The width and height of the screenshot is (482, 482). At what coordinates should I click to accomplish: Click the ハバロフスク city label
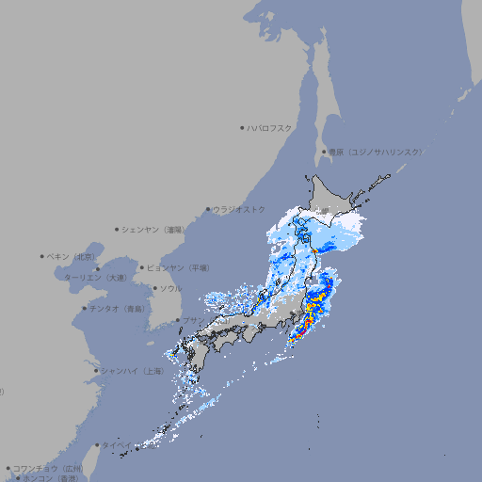pos(270,127)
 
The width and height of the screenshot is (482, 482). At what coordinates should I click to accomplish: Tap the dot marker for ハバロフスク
pos(242,127)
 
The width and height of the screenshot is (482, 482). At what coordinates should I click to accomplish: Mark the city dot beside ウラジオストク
pos(209,209)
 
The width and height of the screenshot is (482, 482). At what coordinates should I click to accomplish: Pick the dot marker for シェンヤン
pos(117,229)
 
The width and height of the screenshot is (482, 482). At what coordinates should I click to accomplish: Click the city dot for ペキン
pos(42,256)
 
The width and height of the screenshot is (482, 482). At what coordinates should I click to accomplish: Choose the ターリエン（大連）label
pos(95,278)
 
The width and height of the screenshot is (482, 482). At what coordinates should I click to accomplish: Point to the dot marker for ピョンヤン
pos(142,267)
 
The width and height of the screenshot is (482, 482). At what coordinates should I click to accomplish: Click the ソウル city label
pos(170,288)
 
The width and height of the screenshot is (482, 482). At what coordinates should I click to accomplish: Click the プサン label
pos(192,321)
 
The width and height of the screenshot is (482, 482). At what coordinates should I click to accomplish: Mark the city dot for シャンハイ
pos(96,371)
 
